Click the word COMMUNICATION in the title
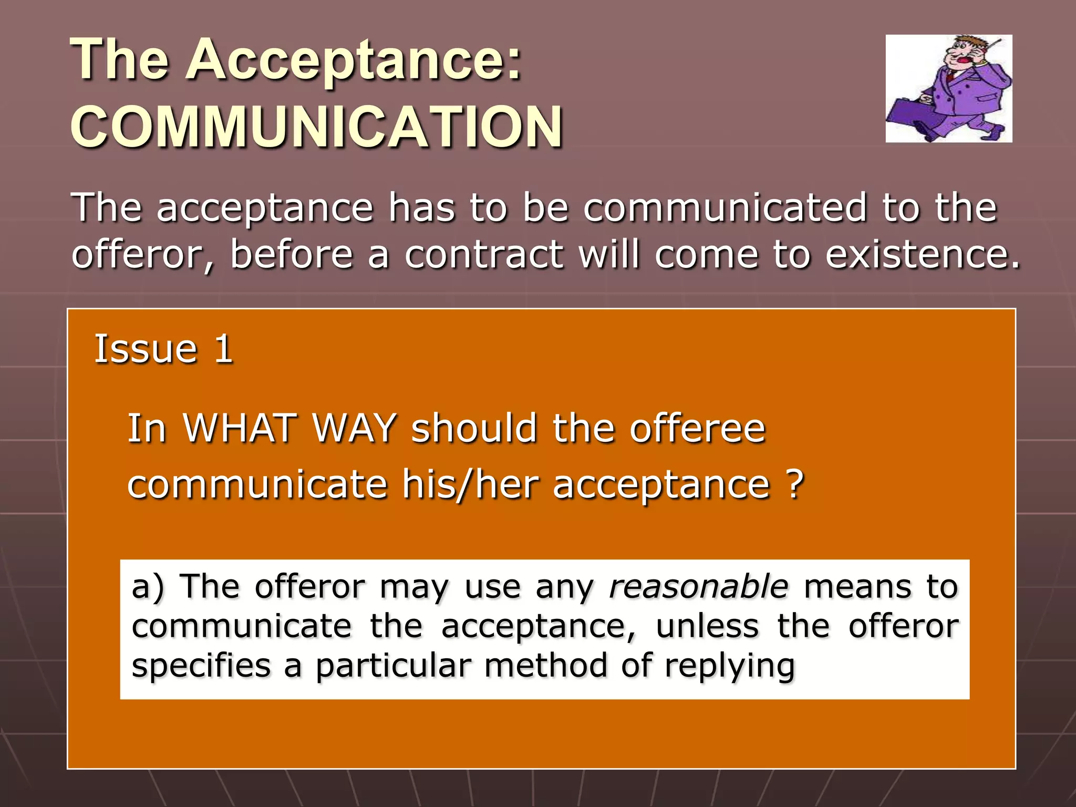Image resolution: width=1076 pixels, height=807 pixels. [x=317, y=127]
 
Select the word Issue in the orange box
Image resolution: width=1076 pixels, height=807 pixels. [x=146, y=349]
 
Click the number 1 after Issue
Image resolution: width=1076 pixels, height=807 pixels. [x=223, y=349]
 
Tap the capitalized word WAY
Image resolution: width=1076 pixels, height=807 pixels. [x=354, y=428]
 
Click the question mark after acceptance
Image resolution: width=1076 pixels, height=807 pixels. [x=795, y=484]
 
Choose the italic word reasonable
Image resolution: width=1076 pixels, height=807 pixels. [x=698, y=586]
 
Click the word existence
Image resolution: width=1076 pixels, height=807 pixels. [x=922, y=254]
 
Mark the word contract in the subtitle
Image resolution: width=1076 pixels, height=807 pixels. [x=483, y=254]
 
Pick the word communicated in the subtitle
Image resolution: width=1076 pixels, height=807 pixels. [x=725, y=208]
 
